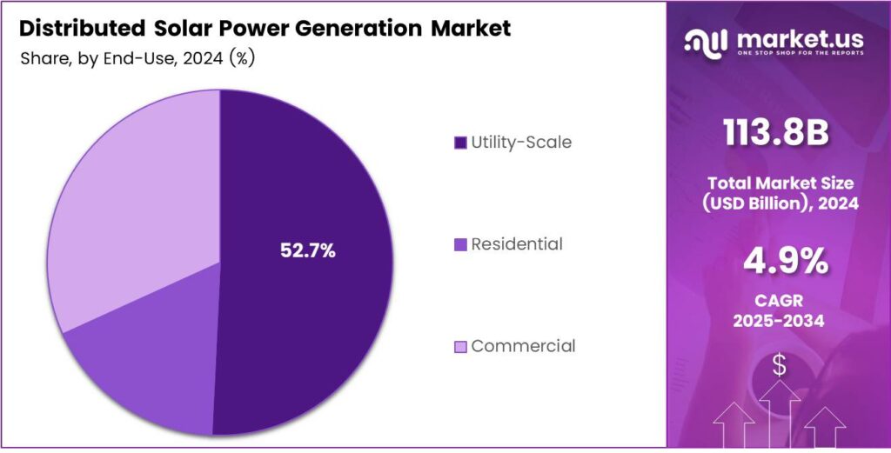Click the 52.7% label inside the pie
[307, 250]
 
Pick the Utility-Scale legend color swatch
[460, 143]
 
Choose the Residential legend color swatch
[460, 245]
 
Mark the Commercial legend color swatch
[460, 347]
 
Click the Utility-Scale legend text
[521, 143]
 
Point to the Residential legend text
[517, 244]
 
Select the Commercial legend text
[523, 346]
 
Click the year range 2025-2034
[778, 321]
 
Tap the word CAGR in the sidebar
[778, 301]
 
